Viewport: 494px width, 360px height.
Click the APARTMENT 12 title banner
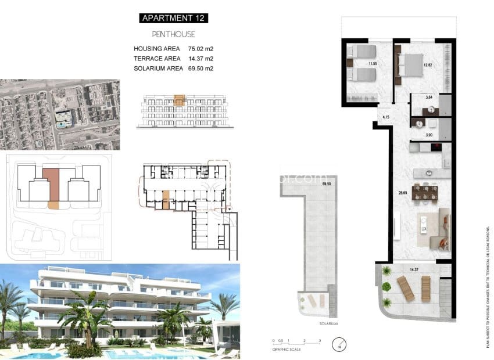click(174, 18)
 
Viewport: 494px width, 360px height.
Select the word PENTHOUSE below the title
click(174, 34)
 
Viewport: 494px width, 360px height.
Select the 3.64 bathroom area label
click(429, 98)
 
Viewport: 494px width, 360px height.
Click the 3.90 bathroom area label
click(429, 135)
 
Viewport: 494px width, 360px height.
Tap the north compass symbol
click(338, 346)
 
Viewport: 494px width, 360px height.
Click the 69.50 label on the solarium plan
click(325, 184)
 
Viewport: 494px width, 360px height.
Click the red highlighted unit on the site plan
click(51, 184)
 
